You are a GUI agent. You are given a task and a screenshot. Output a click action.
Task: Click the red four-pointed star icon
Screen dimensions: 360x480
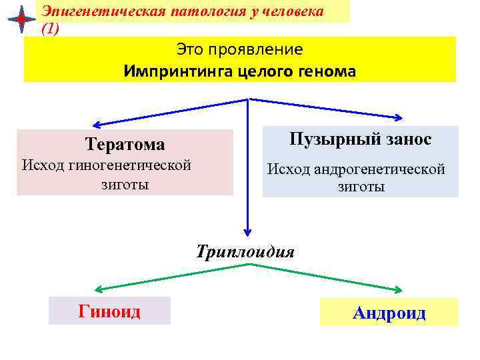coord(21,20)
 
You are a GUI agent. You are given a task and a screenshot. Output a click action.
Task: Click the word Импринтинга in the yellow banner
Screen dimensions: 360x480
coord(178,71)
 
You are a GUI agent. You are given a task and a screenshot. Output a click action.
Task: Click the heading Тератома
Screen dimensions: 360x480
coord(125,145)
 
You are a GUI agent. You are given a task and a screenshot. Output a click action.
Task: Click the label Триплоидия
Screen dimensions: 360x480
coord(245,252)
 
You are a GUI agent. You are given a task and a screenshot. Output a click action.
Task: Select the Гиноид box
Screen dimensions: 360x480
coord(109,311)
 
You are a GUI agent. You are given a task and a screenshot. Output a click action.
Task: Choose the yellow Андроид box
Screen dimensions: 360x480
coord(389,312)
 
